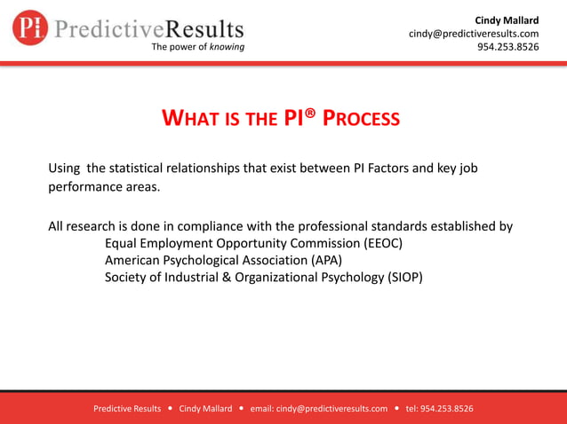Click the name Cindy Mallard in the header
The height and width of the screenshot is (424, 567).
click(x=507, y=20)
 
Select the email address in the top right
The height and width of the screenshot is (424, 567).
click(x=474, y=34)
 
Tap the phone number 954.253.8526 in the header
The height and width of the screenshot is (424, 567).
click(x=508, y=47)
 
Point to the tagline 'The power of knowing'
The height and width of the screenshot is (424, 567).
click(x=198, y=47)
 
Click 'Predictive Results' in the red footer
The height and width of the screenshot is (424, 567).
click(x=127, y=409)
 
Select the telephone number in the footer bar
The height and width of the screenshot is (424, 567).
click(x=439, y=409)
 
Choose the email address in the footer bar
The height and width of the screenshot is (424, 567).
click(x=319, y=409)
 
